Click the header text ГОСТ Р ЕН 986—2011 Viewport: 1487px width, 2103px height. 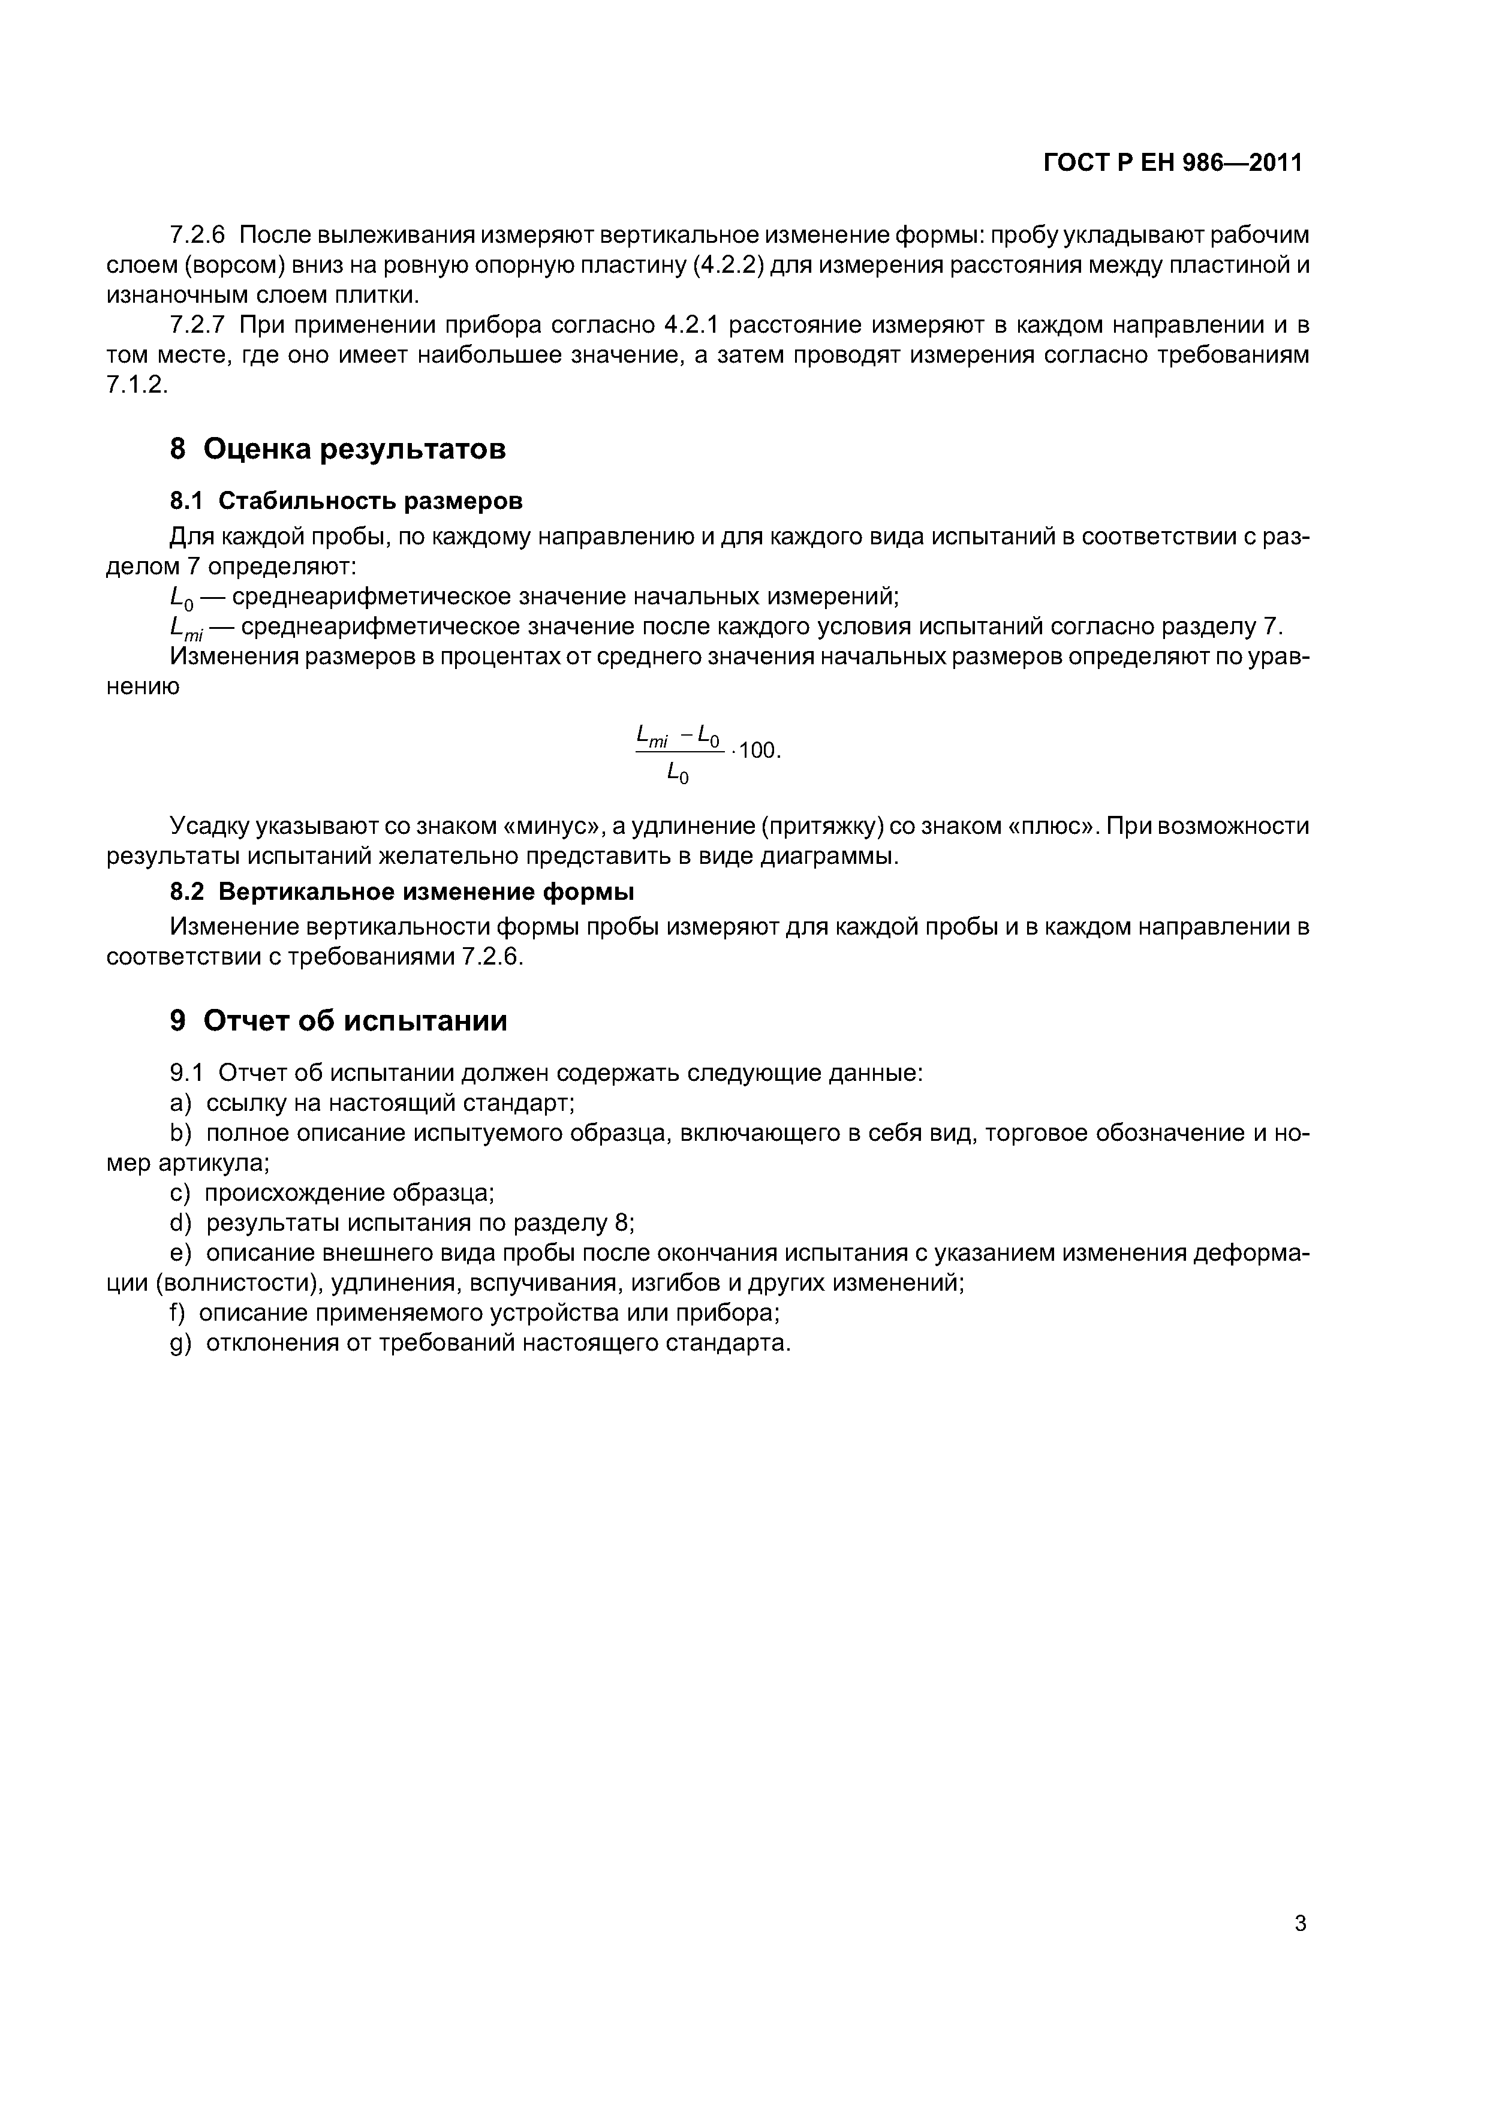coord(1173,163)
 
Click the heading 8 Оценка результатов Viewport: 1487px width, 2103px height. coord(338,449)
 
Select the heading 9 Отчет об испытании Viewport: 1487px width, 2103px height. coord(338,1020)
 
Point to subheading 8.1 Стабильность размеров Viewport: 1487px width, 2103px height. coord(347,501)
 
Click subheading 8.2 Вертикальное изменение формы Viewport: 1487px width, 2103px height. coord(402,891)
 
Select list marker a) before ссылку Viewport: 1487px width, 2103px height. coord(180,1102)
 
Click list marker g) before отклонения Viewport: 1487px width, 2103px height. coord(180,1343)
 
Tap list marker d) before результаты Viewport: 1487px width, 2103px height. coord(180,1223)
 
